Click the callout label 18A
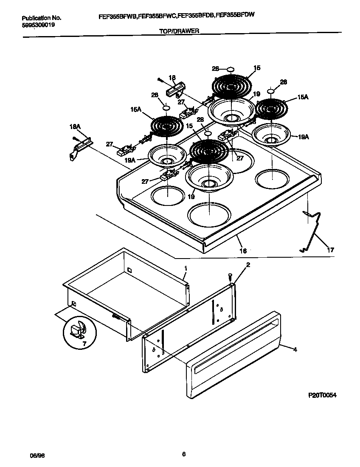tap(74, 126)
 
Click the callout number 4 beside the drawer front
tap(295, 349)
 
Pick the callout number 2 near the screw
tap(248, 265)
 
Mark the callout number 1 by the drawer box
tap(186, 268)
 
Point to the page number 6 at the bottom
tap(183, 454)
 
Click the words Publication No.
tap(41, 18)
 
